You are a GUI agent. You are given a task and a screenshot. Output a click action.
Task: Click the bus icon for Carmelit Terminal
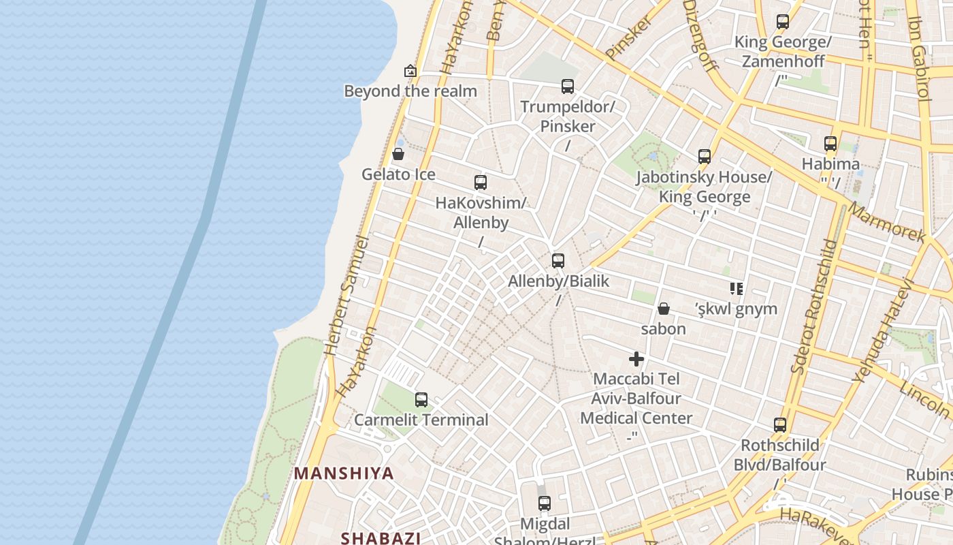coord(421,400)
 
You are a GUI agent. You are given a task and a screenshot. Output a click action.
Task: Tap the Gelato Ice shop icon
coord(398,154)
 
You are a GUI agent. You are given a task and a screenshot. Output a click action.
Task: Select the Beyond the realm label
coord(410,91)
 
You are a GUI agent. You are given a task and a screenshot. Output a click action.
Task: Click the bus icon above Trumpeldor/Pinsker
coord(568,87)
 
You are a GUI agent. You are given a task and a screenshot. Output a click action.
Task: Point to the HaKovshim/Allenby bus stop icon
coord(481,183)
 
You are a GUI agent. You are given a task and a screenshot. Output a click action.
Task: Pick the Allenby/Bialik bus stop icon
coord(558,261)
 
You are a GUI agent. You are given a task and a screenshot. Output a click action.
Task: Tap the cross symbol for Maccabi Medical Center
coord(636,359)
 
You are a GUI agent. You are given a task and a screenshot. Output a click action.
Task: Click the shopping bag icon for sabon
coord(664,309)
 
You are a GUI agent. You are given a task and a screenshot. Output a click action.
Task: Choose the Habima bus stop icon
coord(830,144)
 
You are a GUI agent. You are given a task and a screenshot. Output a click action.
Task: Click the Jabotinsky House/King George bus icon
coord(705,157)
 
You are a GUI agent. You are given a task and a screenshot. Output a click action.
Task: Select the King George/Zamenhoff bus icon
coord(783,22)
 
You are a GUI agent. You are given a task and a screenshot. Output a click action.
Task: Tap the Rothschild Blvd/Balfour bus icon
coord(780,425)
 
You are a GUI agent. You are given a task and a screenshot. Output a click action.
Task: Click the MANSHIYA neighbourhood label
coord(344,473)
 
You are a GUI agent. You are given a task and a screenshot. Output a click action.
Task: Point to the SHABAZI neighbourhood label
coord(381,538)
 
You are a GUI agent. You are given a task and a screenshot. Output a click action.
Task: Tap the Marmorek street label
coord(888,223)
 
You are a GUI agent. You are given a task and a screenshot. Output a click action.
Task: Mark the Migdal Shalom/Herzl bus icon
coord(545,503)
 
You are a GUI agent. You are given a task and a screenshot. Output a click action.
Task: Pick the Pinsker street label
coord(628,37)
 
